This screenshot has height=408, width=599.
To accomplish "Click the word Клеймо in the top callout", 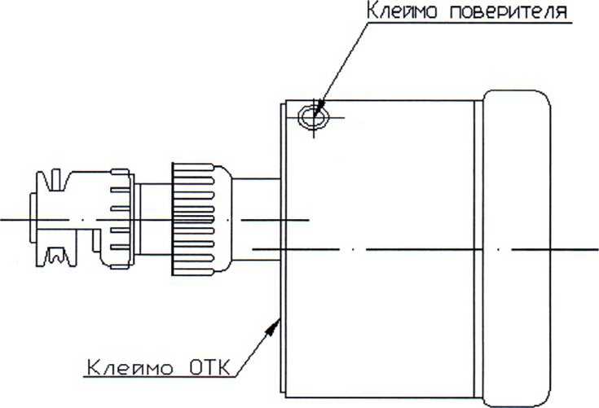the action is point(402,11).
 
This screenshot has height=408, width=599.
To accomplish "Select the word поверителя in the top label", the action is point(508,11).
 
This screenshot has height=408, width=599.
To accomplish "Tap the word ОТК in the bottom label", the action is point(209,368).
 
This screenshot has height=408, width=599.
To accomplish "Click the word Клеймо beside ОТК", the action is point(130,368).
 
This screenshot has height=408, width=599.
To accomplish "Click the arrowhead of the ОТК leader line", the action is point(274,328).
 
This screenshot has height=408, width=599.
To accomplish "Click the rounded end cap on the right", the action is point(517,248).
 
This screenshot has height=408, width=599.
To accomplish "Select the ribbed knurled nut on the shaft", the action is point(193,219).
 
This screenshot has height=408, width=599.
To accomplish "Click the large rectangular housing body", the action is point(380,249).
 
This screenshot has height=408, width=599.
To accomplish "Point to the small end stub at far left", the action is point(33,217).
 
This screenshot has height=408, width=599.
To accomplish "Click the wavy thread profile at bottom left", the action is point(56,256).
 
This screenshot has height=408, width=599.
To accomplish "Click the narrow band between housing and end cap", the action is point(478,249).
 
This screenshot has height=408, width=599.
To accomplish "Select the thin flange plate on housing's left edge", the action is point(283,248).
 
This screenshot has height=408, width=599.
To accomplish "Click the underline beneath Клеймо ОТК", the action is point(160,378).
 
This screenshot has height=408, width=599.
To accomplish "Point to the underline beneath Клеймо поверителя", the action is point(470,23).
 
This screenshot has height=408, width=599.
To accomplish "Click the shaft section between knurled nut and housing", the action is point(256,219).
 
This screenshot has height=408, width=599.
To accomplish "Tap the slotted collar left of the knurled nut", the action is point(117,219).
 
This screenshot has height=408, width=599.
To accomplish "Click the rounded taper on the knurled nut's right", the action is point(223,219).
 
